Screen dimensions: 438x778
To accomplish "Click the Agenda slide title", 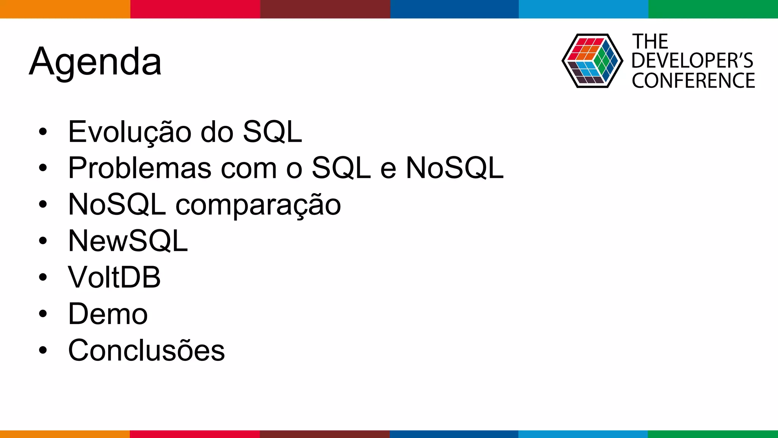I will point(95,62).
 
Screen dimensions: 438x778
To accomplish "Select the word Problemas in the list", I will point(139,168).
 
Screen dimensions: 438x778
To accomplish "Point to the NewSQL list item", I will point(128,241).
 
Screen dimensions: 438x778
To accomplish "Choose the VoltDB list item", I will point(114,277).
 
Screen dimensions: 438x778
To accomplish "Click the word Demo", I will point(108,314).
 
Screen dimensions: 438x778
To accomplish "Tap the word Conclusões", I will point(146,350).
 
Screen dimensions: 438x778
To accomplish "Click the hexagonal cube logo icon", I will point(592,61).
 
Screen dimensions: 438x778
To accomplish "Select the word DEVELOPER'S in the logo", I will point(692,61).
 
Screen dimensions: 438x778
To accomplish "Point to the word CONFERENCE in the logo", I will point(693,81).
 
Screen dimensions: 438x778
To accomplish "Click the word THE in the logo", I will point(650,41).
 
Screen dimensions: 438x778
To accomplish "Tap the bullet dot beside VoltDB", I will point(43,278).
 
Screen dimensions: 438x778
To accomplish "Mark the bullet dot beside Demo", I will point(43,314).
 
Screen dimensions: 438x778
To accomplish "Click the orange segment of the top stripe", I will point(65,9).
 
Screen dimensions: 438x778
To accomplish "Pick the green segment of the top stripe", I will point(713,9).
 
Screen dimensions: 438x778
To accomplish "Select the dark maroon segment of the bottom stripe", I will point(325,434).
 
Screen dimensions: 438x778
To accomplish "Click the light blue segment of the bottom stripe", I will point(583,434).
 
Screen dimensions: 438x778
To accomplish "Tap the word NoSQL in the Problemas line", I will point(454,168).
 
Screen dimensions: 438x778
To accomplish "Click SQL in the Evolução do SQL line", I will point(272,132).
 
